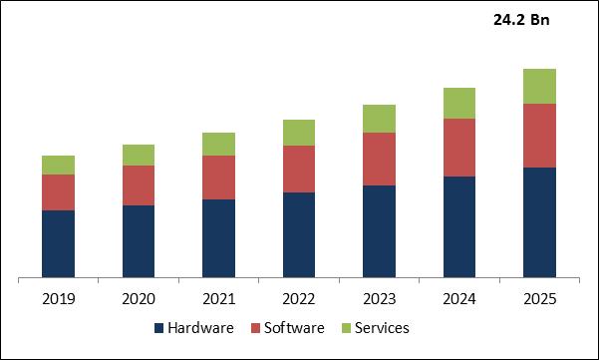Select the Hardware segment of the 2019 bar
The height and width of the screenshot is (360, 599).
point(59,243)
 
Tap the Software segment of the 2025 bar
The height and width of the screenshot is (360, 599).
point(539,136)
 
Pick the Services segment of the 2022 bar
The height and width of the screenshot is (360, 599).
point(299,133)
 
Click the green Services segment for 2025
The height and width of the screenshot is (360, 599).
point(539,87)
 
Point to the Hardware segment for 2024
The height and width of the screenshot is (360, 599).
point(459,226)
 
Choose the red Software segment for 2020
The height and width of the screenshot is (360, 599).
point(139,185)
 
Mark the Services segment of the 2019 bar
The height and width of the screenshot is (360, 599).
point(59,166)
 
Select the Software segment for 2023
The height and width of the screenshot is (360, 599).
point(379,160)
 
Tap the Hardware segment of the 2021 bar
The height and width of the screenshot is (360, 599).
point(219,238)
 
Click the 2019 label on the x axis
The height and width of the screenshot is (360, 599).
point(59,299)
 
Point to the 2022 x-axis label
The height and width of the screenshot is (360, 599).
point(299,299)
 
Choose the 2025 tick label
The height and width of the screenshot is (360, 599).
point(539,299)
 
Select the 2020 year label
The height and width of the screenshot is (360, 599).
point(139,299)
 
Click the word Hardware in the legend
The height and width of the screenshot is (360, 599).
point(200,327)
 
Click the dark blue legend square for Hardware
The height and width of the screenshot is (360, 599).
point(159,328)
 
